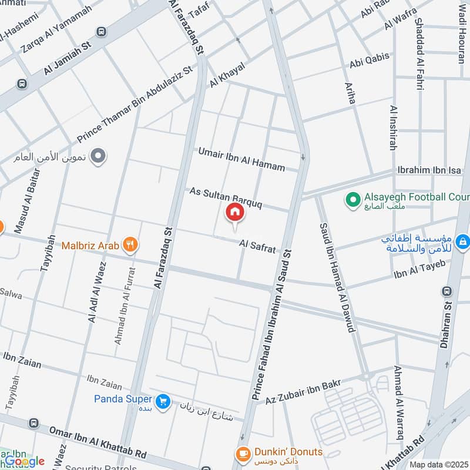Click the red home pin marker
coord(234,213)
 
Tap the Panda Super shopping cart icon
coord(164,401)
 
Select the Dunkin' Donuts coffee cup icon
coord(242,454)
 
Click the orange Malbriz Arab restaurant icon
coord(131,245)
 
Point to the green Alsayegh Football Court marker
coord(352,200)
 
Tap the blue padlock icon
coord(463,241)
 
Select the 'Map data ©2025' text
coord(438,464)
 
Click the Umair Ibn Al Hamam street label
coord(241,159)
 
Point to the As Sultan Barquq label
coord(225,199)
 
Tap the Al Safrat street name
coord(257,246)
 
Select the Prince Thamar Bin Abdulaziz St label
coord(135,104)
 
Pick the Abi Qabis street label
coord(370,60)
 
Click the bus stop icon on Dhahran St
coord(448,291)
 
